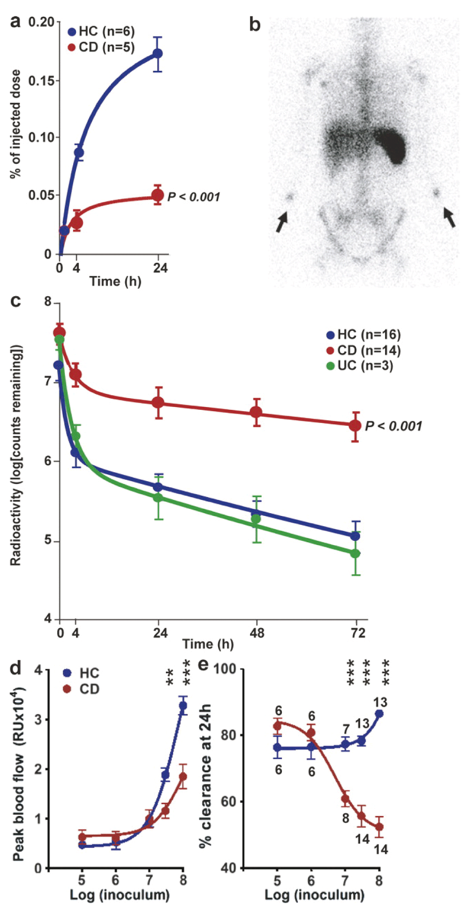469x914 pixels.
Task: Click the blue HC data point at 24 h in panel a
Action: click(x=158, y=54)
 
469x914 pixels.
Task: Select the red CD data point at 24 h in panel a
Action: click(x=158, y=196)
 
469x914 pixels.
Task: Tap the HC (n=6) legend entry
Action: click(x=101, y=32)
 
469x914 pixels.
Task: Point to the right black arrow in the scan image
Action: click(x=449, y=217)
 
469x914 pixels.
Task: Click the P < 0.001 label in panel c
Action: click(x=393, y=426)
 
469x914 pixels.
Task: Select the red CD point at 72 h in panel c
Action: click(x=356, y=426)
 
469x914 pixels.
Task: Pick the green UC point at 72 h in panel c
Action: click(x=356, y=553)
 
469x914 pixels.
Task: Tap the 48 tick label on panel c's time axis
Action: click(x=257, y=633)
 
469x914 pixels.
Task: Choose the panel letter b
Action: click(x=255, y=25)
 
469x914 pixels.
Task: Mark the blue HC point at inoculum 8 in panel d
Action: click(x=183, y=705)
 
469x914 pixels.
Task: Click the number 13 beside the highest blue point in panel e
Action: click(x=380, y=703)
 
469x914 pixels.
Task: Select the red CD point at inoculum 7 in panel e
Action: click(x=346, y=799)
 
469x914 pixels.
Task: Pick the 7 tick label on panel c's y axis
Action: click(x=48, y=381)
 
